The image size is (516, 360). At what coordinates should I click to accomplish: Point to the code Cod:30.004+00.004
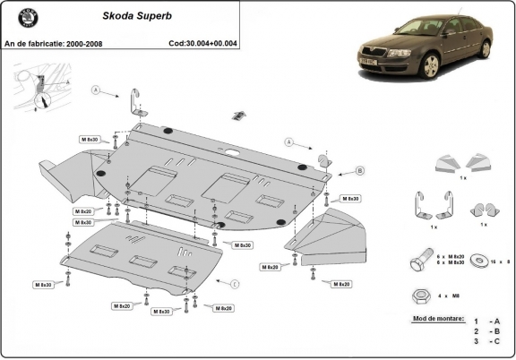click(202, 42)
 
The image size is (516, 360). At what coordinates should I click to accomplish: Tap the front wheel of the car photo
click(434, 66)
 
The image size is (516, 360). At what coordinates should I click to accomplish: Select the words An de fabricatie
click(34, 42)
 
